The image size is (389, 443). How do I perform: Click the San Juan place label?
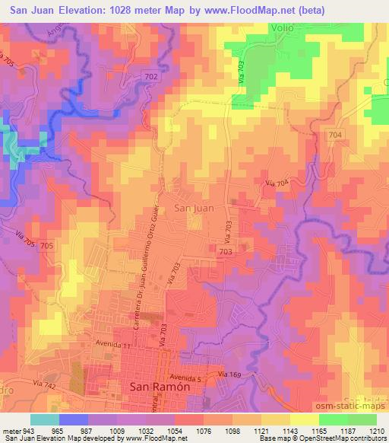tap(194, 206)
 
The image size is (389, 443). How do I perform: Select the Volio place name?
tap(281, 27)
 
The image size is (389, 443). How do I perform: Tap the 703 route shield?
tap(225, 250)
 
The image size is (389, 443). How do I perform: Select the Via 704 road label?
tap(277, 183)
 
